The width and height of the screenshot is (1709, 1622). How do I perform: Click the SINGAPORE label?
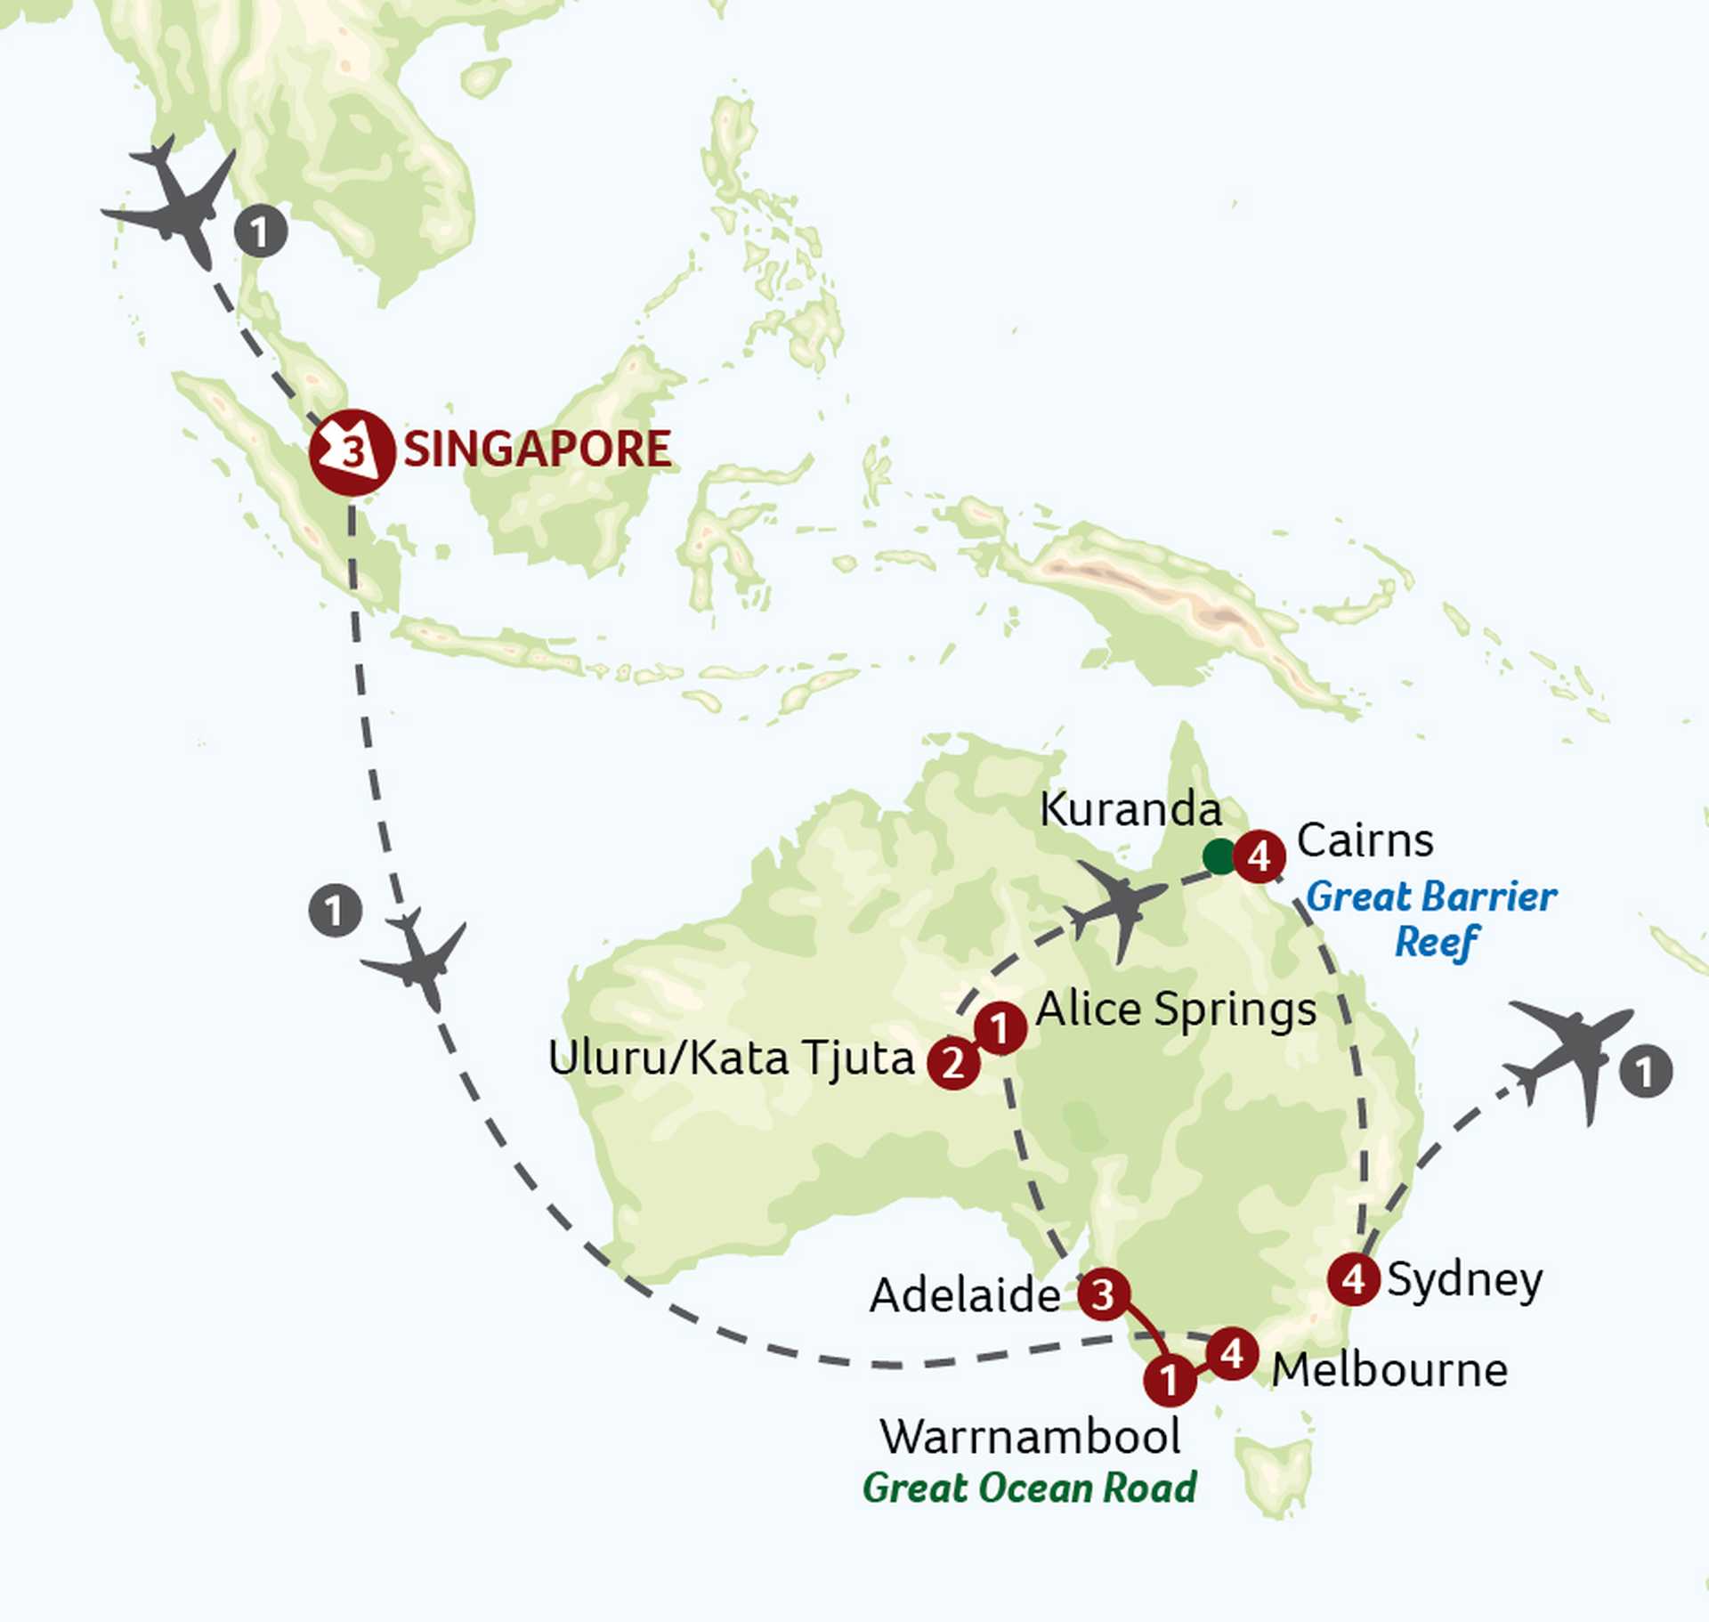tap(537, 450)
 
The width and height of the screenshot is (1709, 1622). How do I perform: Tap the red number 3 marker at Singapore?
tap(352, 452)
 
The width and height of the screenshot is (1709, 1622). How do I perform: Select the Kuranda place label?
tap(1130, 810)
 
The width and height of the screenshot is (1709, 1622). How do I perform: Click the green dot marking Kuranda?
tap(1219, 856)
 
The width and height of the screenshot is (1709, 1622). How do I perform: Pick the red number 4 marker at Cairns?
tap(1259, 856)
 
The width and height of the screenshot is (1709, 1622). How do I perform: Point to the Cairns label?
tap(1365, 840)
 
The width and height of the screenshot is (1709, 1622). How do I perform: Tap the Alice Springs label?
tap(1176, 1010)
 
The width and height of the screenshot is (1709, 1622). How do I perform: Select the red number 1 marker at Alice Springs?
tap(1000, 1028)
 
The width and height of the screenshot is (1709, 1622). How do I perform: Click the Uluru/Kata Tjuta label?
tap(731, 1058)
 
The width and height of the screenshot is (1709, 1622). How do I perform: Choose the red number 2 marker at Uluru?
tap(953, 1062)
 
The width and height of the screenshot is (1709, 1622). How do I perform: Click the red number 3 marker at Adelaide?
tap(1104, 1294)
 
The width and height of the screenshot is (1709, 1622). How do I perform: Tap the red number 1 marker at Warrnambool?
tap(1170, 1380)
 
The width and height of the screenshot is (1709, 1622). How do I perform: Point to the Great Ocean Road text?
tap(1030, 1488)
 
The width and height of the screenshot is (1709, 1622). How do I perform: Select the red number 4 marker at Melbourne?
tap(1232, 1354)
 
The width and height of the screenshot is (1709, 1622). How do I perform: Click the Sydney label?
tap(1464, 1281)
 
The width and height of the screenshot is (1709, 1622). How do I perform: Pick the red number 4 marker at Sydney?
tap(1354, 1279)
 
